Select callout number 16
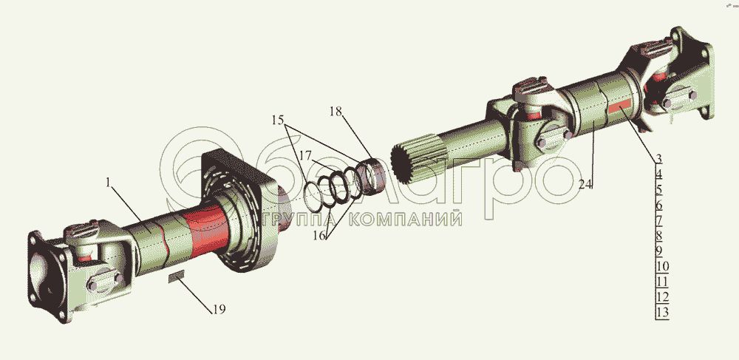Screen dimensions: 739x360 (x=319, y=235)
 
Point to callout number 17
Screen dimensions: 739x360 (x=305, y=154)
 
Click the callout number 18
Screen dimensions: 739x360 (x=336, y=112)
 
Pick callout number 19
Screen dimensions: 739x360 (x=219, y=309)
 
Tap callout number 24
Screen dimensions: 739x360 (x=585, y=185)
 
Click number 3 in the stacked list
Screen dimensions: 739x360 (x=659, y=158)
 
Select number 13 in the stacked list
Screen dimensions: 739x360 (x=662, y=312)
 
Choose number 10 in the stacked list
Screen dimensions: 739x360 (x=662, y=266)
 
